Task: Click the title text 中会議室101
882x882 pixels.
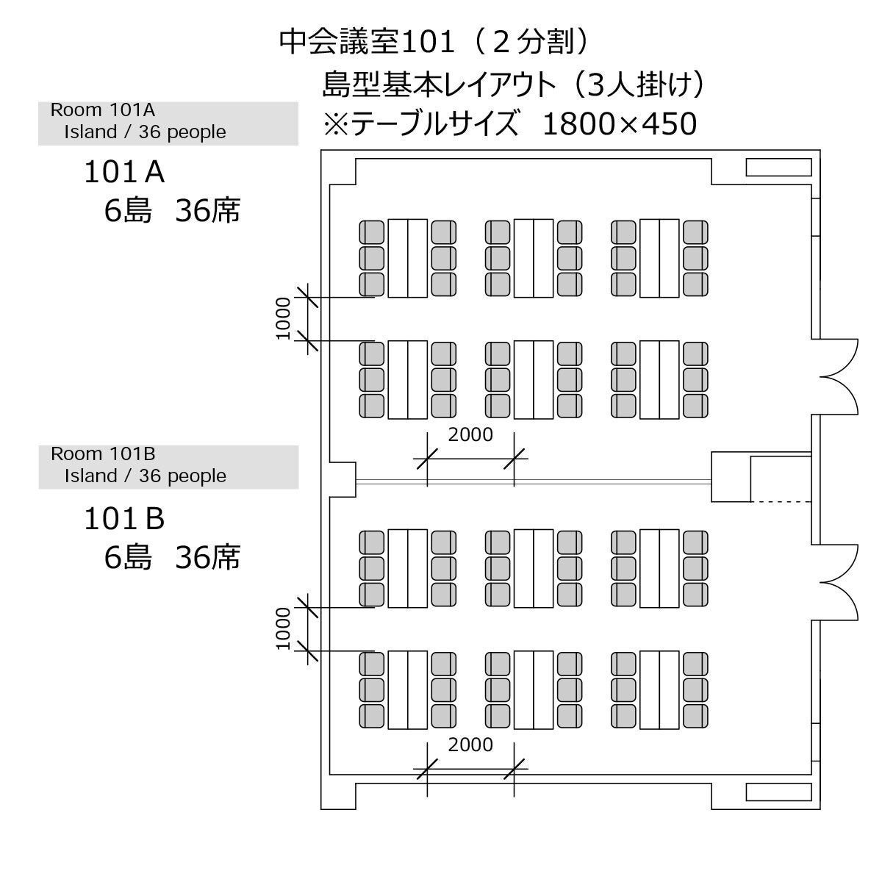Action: tap(367, 42)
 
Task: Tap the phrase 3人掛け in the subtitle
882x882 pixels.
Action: tap(638, 85)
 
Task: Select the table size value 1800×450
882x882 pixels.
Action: tap(620, 123)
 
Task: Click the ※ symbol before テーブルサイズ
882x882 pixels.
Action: tap(337, 124)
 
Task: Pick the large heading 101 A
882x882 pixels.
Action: tap(124, 172)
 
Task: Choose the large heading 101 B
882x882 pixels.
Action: tap(124, 519)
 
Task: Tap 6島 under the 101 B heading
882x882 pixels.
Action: tap(128, 557)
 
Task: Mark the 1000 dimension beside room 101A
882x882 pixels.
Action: tap(283, 318)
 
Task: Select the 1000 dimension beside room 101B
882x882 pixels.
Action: tap(283, 629)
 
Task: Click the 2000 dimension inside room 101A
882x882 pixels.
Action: tap(470, 434)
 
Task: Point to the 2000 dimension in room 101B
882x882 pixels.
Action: tap(470, 745)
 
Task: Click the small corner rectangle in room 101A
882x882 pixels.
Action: tap(778, 167)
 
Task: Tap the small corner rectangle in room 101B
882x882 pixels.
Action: tap(778, 792)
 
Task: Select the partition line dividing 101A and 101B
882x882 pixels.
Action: tap(534, 481)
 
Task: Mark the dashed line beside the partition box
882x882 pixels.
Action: tap(781, 502)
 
